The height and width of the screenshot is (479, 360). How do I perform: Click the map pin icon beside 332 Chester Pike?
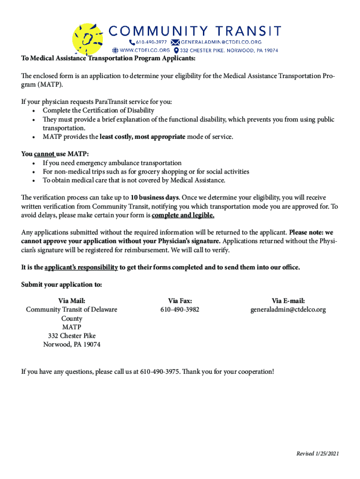click(176, 50)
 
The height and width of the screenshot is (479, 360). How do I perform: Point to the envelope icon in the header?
click(175, 42)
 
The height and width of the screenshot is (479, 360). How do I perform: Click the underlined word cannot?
click(44, 154)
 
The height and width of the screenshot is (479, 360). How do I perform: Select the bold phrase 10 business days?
click(154, 197)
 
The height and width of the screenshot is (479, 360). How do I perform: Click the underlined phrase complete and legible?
click(183, 215)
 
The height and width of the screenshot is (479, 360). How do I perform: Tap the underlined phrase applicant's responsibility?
click(81, 267)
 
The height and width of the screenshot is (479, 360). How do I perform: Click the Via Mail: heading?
click(72, 301)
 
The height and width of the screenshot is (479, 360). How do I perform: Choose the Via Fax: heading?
click(180, 301)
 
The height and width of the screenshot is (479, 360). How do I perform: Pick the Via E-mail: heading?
click(288, 301)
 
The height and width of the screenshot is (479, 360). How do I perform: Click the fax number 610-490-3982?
click(180, 310)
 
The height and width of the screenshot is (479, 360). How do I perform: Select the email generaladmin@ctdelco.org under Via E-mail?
click(288, 310)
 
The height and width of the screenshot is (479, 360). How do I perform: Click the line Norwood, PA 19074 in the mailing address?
click(72, 345)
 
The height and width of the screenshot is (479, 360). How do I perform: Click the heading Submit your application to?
click(62, 285)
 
